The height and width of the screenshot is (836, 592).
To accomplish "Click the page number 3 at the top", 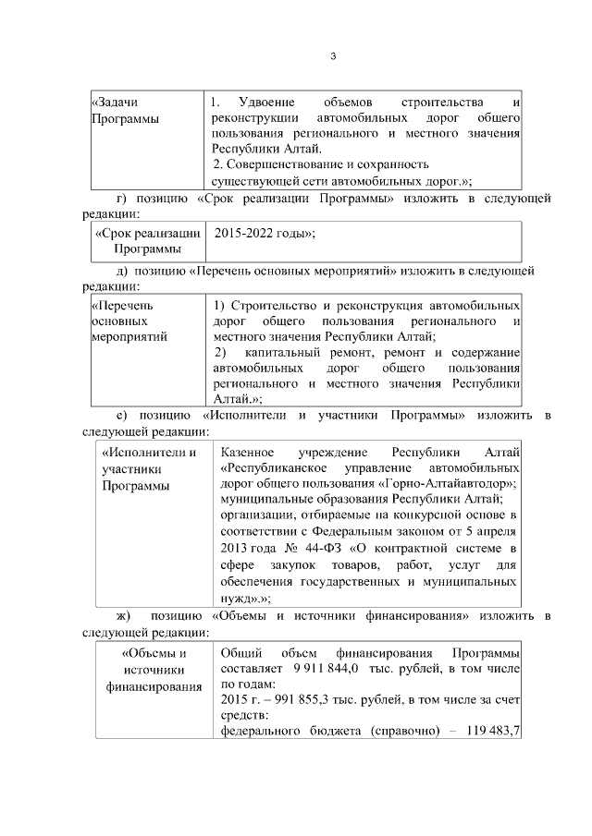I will [332, 57].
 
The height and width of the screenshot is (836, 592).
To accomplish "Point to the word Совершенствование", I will [291, 164].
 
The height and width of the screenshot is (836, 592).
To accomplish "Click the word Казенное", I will [245, 452].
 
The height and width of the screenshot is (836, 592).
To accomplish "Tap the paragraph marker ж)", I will [122, 616].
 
